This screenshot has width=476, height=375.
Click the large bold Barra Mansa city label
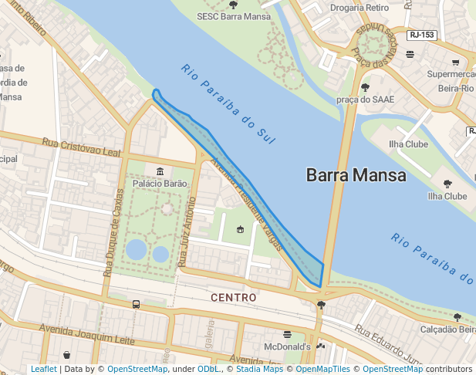356,175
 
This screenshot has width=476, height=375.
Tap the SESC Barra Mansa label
233,15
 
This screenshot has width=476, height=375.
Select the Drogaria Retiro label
360,8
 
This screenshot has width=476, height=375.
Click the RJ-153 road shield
422,35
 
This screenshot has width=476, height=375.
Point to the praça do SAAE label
365,99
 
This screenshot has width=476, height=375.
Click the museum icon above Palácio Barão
160,171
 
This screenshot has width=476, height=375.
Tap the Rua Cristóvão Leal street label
82,147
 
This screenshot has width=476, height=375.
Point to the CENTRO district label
233,297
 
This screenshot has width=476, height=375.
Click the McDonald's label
287,346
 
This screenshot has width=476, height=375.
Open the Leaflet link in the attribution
43,369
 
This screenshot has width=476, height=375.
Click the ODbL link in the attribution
208,369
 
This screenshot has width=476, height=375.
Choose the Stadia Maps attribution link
258,369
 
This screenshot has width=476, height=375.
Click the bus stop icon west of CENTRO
136,304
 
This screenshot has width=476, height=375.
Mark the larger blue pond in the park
137,249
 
